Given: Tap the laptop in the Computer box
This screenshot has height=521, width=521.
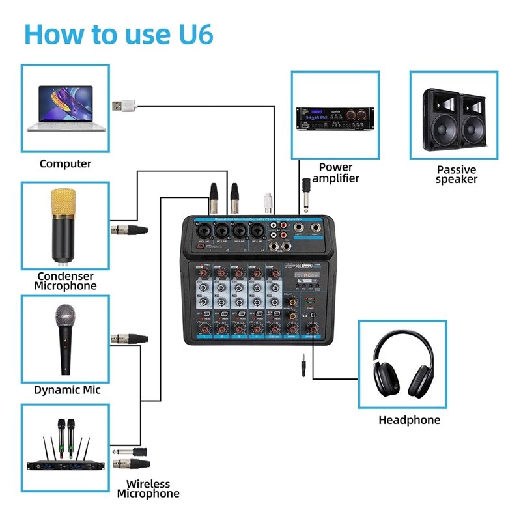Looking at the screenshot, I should click(x=65, y=109).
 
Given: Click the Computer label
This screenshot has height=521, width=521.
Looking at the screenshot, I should click(x=65, y=164).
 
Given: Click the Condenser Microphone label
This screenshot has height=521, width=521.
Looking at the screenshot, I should click(x=65, y=281).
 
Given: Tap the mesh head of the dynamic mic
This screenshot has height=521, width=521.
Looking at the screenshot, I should click(x=65, y=318).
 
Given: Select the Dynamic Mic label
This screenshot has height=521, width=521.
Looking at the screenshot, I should click(x=67, y=391).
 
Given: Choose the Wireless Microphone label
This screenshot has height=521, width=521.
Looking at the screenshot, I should click(x=148, y=488).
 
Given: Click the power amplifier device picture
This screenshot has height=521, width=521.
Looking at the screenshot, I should click(x=335, y=118).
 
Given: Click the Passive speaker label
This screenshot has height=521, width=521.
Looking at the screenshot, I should click(x=457, y=175).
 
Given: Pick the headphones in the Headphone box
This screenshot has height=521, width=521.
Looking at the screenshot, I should click(x=403, y=363).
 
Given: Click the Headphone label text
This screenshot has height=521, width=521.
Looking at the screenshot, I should click(x=409, y=420).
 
